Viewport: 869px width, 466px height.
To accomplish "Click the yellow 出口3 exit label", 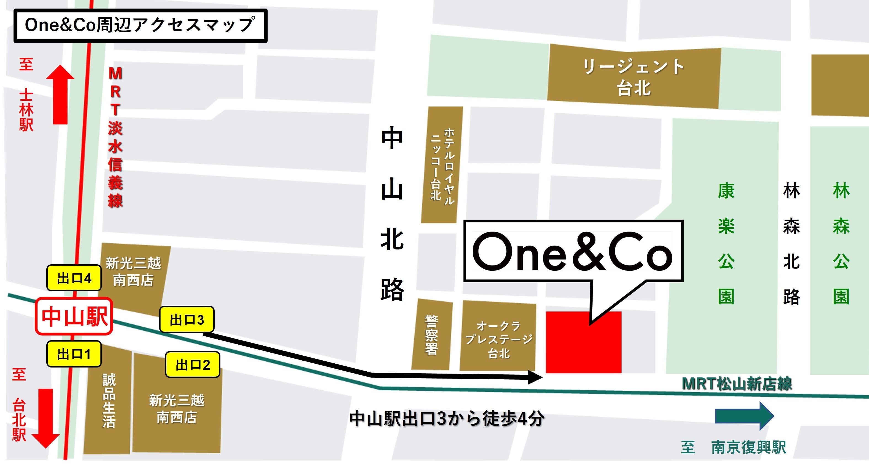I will click(x=186, y=319).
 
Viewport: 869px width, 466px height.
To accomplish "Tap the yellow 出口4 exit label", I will click(x=74, y=278).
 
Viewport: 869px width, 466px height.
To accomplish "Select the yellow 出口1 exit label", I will click(x=74, y=354).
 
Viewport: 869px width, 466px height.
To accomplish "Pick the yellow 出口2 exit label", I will click(x=193, y=365).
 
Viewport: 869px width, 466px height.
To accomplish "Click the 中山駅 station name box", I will click(x=74, y=316).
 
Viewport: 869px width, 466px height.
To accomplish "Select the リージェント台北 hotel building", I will click(x=633, y=78).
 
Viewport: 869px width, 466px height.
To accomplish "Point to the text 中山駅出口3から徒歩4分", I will click(x=447, y=419).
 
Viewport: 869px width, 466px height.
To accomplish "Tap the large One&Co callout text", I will click(x=573, y=252).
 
